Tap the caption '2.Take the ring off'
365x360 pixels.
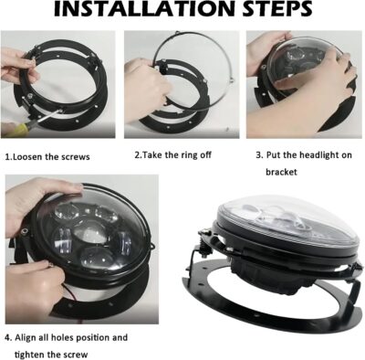click(x=173, y=154)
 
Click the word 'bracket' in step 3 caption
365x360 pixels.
click(x=284, y=171)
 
